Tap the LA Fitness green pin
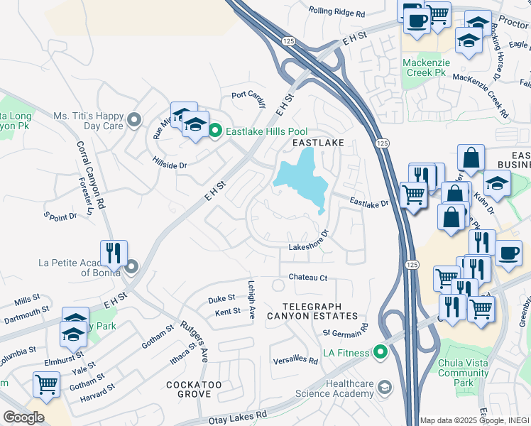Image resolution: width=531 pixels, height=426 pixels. (x=381, y=352)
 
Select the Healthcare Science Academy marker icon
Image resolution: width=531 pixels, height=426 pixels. (x=385, y=387)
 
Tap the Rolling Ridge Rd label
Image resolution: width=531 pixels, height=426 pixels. (x=337, y=13)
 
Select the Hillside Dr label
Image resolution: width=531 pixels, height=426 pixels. (x=169, y=163)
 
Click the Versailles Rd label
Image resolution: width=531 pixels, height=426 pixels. (x=295, y=360)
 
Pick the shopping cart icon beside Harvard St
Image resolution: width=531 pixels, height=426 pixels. (x=47, y=384)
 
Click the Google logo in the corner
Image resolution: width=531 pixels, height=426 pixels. (x=23, y=417)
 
